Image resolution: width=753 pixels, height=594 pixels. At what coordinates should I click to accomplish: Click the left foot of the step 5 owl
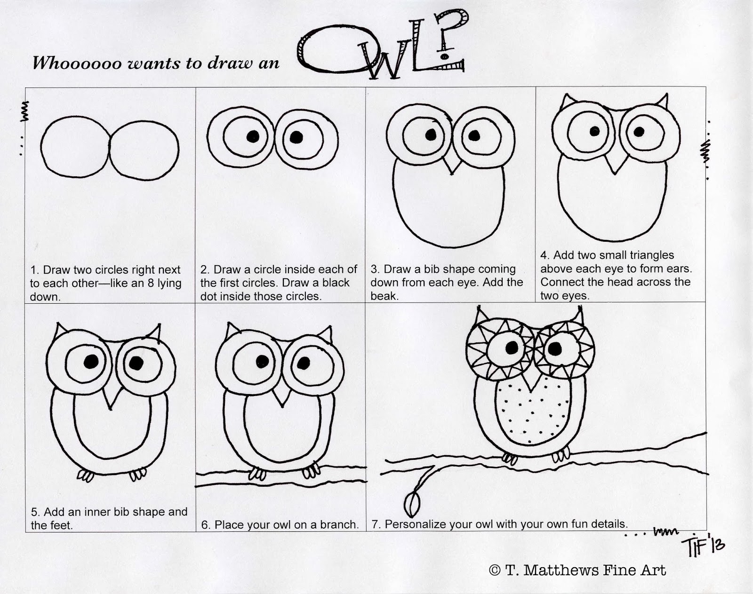tap(85, 475)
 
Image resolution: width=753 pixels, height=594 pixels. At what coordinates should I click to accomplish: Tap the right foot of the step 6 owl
tap(311, 471)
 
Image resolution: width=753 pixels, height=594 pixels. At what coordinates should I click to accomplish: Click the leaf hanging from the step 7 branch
tap(413, 505)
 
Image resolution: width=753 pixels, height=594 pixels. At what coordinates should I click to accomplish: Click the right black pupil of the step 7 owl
tap(555, 348)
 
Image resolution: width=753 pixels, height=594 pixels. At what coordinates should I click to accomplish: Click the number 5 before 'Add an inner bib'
tap(34, 512)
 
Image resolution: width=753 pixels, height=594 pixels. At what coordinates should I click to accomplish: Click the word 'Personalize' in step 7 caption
tap(415, 524)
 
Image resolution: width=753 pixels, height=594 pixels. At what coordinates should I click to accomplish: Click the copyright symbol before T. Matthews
tap(494, 570)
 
